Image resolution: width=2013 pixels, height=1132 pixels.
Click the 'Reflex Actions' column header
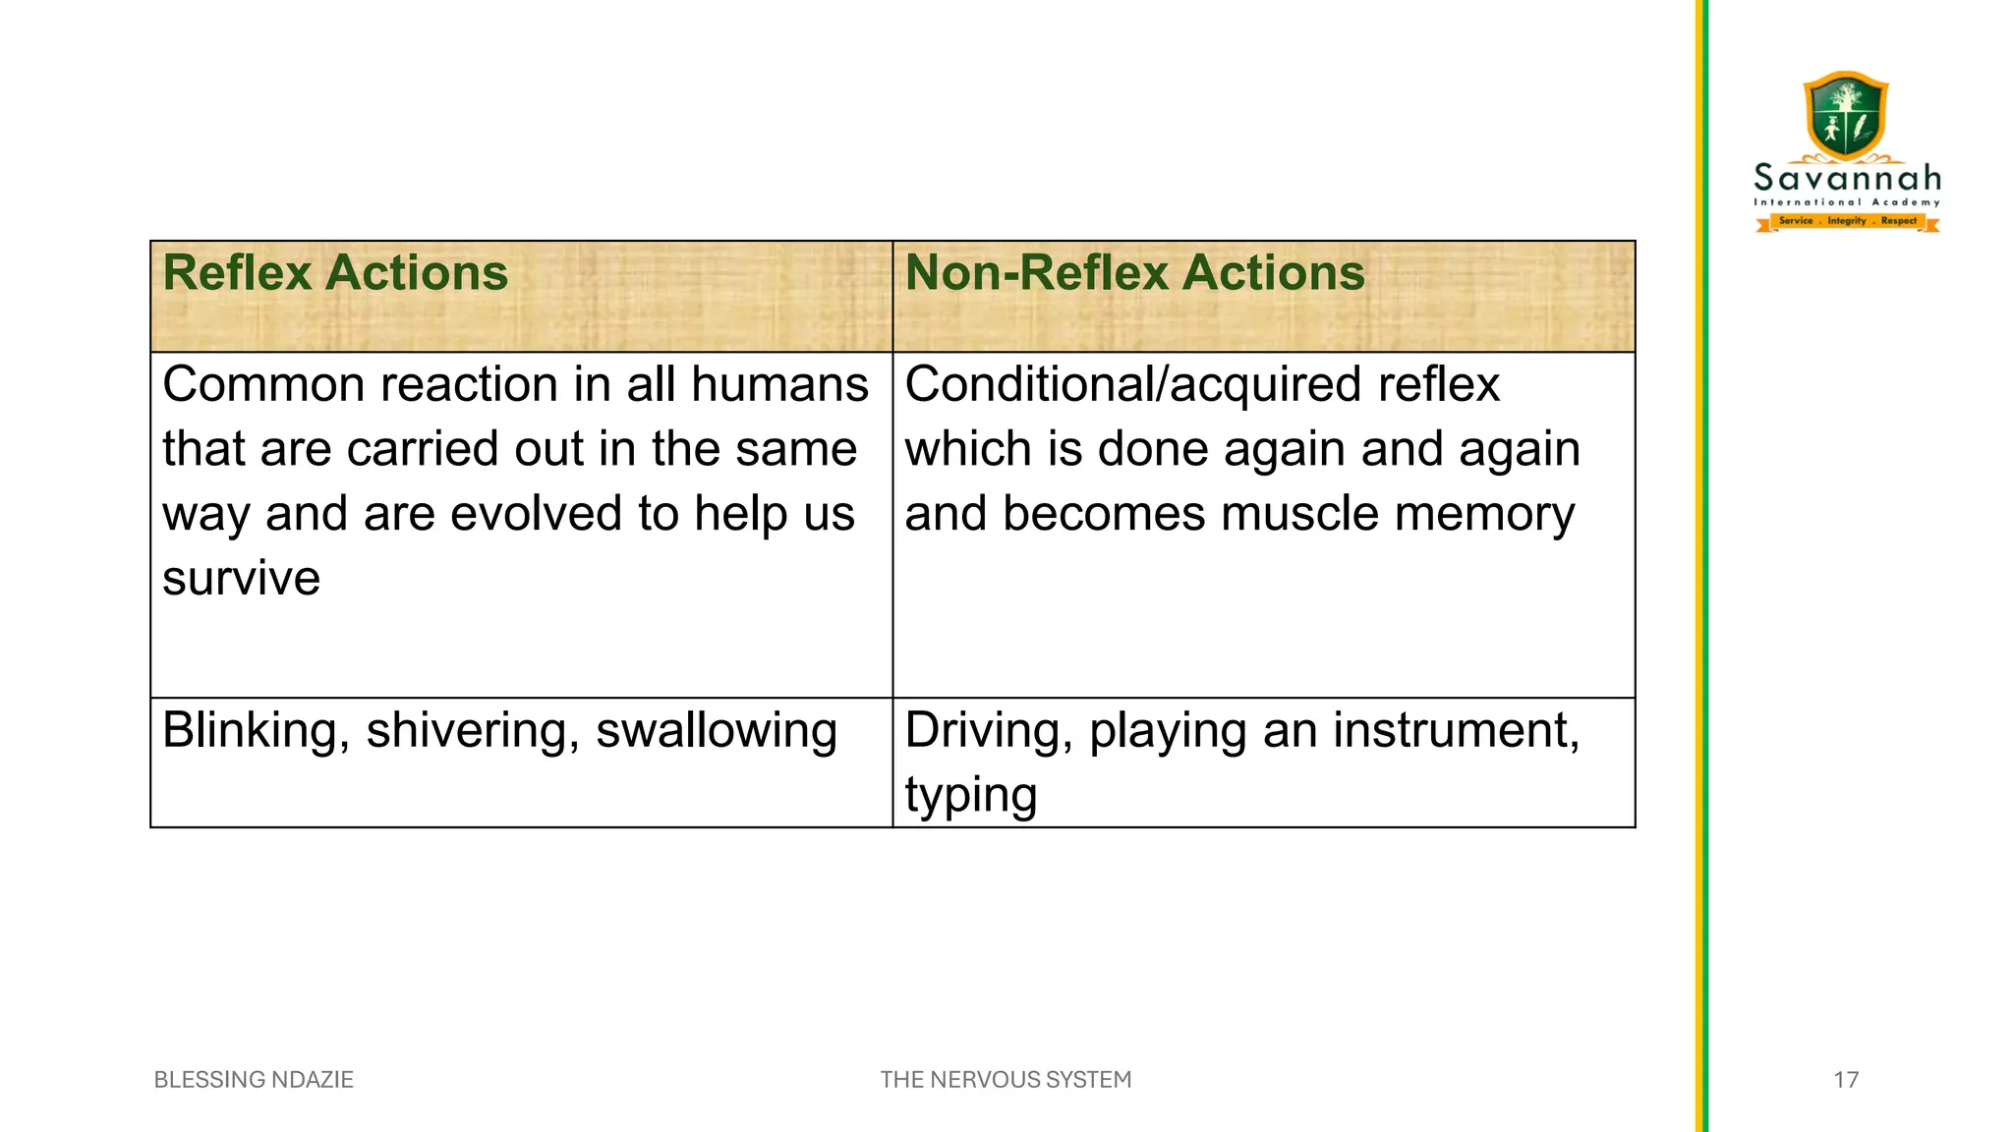click(x=335, y=273)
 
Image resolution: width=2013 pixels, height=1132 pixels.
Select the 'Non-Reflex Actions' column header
click(x=1134, y=273)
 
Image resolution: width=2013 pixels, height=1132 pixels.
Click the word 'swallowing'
click(x=717, y=732)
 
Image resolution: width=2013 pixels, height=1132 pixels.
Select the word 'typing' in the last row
click(x=970, y=796)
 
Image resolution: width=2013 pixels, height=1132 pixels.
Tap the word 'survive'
click(x=241, y=579)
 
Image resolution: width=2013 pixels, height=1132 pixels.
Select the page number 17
click(x=1846, y=1080)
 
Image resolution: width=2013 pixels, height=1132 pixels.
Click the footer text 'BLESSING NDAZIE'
click(x=254, y=1080)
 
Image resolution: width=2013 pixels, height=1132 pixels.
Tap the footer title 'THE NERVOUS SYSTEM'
click(x=1006, y=1080)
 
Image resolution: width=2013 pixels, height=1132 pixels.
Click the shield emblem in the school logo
click(x=1847, y=115)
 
